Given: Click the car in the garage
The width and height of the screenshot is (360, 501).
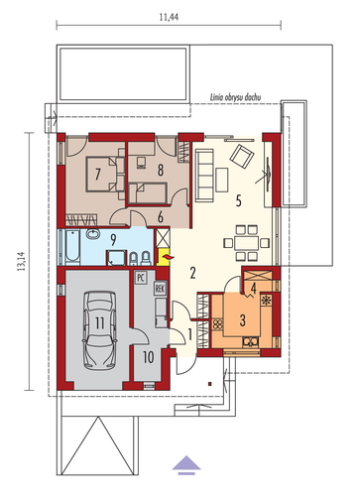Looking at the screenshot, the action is (x=99, y=330).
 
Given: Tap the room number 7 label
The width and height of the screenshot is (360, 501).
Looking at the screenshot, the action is (x=97, y=175).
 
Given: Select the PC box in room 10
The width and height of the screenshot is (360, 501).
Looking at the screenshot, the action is (x=141, y=277).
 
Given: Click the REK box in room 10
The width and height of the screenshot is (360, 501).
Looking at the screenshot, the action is (x=160, y=289).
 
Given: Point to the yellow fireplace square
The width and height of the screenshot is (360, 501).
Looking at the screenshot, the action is (x=165, y=257).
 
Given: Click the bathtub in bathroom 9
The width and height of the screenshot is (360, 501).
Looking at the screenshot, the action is (x=72, y=247).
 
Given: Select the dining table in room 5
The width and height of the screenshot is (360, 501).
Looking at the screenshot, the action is (x=246, y=243).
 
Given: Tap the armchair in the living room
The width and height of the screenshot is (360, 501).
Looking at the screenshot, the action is (x=242, y=156).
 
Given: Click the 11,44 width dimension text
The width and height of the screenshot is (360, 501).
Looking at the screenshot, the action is (x=169, y=17).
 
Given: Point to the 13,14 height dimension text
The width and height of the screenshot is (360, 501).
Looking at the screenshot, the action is (x=22, y=261).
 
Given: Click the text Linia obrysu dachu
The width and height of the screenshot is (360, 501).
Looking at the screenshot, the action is (x=236, y=97).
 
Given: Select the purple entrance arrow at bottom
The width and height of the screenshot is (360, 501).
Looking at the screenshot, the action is (x=186, y=233).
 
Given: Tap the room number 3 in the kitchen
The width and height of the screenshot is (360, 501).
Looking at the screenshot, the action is (x=243, y=320).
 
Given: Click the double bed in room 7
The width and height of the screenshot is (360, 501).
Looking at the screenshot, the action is (x=101, y=175).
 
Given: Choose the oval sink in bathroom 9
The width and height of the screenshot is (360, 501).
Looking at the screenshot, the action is (x=94, y=234).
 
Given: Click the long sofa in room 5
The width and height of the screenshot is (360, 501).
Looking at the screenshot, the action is (x=204, y=176).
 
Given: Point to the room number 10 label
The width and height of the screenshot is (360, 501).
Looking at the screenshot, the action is (x=149, y=357).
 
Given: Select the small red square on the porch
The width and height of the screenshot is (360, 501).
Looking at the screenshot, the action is (x=209, y=384).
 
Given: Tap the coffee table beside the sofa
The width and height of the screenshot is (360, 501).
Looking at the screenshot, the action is (x=222, y=180).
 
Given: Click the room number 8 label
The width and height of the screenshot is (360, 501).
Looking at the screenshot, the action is (x=161, y=171).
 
